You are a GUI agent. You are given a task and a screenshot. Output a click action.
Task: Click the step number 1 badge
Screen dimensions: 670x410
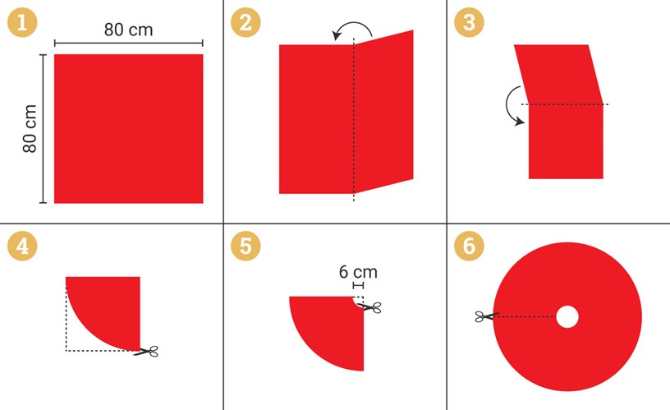pos(22,22)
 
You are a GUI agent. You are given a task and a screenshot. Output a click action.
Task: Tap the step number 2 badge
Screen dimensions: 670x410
pos(246,22)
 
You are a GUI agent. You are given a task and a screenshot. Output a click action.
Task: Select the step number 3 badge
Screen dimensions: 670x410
pos(469,22)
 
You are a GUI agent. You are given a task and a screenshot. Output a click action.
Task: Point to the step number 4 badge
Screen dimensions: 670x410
pos(22,246)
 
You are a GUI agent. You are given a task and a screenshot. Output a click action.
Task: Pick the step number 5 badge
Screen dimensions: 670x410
pos(246,246)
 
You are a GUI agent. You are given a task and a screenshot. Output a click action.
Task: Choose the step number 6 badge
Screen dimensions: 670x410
pos(469,246)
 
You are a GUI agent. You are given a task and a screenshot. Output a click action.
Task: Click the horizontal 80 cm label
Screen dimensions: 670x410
pos(128,30)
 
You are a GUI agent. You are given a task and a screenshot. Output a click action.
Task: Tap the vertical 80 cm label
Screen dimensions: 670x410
pos(30,129)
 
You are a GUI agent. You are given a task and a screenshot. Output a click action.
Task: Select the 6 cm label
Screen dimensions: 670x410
pos(358,272)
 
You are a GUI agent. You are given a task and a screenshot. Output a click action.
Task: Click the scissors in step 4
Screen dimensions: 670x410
pos(146,352)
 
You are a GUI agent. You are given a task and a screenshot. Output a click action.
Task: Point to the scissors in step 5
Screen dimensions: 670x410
pos(370,307)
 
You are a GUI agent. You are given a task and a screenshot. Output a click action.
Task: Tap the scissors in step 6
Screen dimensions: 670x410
pos(487,316)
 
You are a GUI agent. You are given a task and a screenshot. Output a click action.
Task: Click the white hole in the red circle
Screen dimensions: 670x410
pos(567,317)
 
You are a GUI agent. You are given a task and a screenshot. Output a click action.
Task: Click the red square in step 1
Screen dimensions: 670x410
pos(129,129)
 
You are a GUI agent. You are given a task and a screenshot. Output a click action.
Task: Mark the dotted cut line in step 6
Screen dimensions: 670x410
pos(525,317)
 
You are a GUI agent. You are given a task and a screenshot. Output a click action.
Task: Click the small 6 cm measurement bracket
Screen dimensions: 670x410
pos(359,285)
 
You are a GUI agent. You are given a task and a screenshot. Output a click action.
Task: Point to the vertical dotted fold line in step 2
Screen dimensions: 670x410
pos(354,119)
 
